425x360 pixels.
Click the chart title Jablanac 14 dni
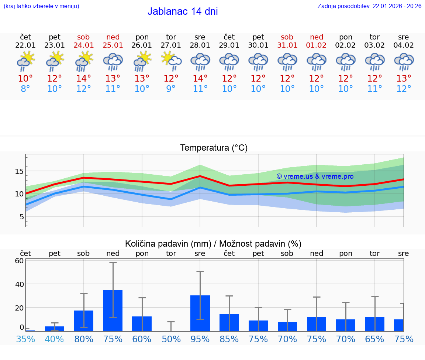(183, 11)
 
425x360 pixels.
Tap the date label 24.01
(83, 45)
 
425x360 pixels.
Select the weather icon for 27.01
(171, 61)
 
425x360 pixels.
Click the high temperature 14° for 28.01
(200, 79)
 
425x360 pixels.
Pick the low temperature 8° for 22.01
(25, 89)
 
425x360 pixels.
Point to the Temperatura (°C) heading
(214, 148)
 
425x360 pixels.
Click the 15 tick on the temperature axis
(19, 171)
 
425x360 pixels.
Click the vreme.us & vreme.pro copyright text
(315, 176)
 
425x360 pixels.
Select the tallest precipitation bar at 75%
(113, 310)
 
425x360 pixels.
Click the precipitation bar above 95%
(200, 313)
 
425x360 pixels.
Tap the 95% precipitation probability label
(200, 339)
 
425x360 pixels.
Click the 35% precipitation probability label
(25, 339)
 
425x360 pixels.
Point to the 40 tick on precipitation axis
(19, 284)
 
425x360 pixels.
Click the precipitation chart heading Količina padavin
(213, 244)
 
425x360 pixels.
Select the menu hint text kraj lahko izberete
(41, 6)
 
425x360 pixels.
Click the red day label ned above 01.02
(317, 37)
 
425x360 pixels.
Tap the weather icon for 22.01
(25, 61)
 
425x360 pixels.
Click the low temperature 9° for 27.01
(171, 89)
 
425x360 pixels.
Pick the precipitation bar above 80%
(84, 320)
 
